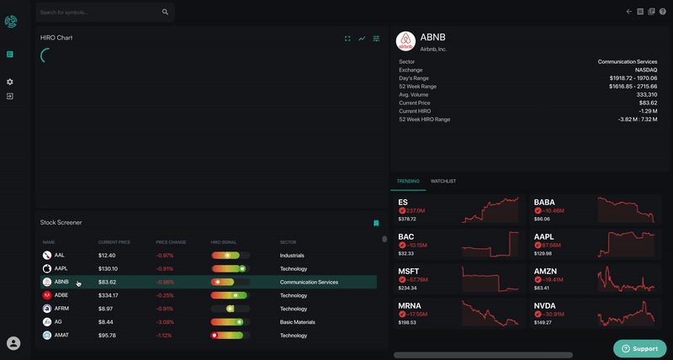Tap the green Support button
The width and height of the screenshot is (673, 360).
[640, 348]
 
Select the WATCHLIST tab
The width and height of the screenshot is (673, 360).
[443, 181]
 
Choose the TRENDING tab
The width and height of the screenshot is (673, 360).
[408, 181]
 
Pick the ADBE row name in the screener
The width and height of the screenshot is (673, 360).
[61, 295]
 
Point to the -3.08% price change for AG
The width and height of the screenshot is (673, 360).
[166, 322]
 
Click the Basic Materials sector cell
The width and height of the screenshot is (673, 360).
[299, 322]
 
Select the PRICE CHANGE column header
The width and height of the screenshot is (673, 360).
[171, 242]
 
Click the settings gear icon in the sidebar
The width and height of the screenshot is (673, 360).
[10, 82]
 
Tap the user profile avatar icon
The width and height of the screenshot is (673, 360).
[13, 343]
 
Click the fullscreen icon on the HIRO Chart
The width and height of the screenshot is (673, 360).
[347, 39]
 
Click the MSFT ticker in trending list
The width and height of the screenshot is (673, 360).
[410, 272]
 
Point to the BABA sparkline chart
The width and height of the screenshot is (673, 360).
[626, 210]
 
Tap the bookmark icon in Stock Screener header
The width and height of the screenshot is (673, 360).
[376, 223]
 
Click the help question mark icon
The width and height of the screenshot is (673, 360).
[663, 12]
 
